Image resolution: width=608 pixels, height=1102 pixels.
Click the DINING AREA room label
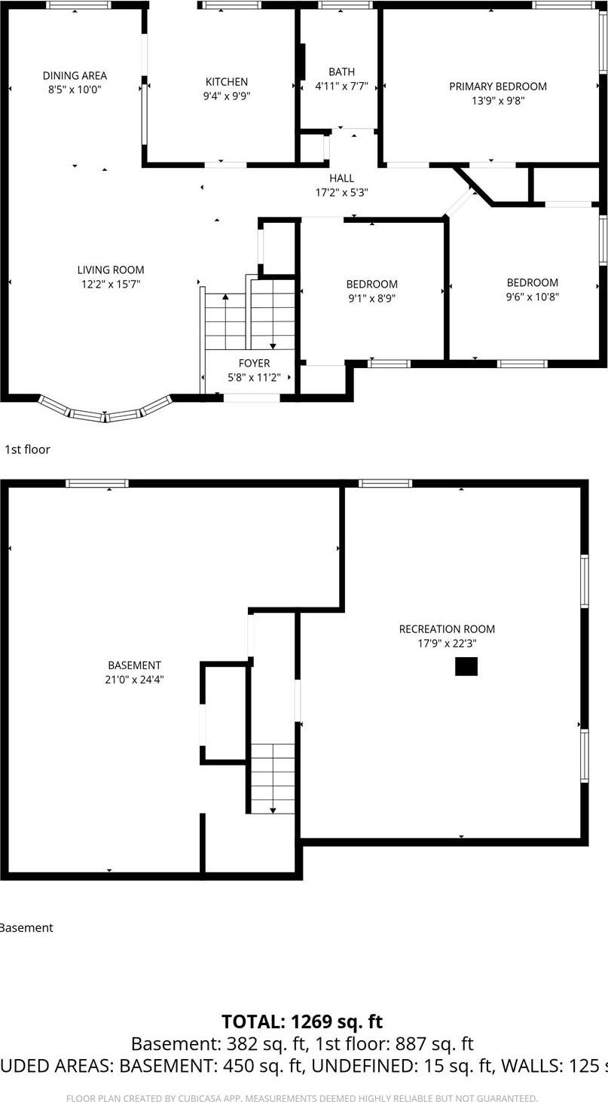pyautogui.click(x=75, y=75)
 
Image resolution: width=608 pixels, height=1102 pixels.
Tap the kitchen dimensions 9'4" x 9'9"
pyautogui.click(x=227, y=96)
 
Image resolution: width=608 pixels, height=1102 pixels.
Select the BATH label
pyautogui.click(x=341, y=72)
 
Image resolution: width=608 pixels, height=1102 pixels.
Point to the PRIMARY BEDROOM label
pyautogui.click(x=498, y=87)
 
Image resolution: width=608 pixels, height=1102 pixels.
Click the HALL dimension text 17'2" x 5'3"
pyautogui.click(x=341, y=193)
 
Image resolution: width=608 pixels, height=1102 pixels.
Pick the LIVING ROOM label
pyautogui.click(x=111, y=269)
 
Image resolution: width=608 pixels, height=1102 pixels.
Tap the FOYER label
pyautogui.click(x=255, y=364)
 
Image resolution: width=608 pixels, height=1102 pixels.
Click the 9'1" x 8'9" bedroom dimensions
pyautogui.click(x=371, y=298)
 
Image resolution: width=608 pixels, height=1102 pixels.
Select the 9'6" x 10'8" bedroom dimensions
pyautogui.click(x=532, y=297)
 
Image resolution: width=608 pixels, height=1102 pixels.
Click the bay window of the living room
pyautogui.click(x=105, y=411)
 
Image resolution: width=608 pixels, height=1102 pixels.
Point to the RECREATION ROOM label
pyautogui.click(x=447, y=629)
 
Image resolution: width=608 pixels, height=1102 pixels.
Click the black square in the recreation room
pyautogui.click(x=466, y=666)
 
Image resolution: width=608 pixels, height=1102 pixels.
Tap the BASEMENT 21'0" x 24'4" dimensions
pyautogui.click(x=134, y=680)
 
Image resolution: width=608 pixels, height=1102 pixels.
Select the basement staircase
pyautogui.click(x=273, y=778)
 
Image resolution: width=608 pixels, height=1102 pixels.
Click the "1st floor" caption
pyautogui.click(x=27, y=449)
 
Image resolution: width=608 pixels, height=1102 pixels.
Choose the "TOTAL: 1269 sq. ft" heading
pyautogui.click(x=302, y=1021)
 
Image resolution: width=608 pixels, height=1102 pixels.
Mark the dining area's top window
pyautogui.click(x=78, y=5)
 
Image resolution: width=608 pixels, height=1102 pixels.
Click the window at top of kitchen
pyautogui.click(x=231, y=5)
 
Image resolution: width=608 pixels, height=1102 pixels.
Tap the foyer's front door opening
pyautogui.click(x=252, y=397)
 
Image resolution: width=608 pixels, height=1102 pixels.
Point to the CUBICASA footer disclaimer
pyautogui.click(x=302, y=1098)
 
